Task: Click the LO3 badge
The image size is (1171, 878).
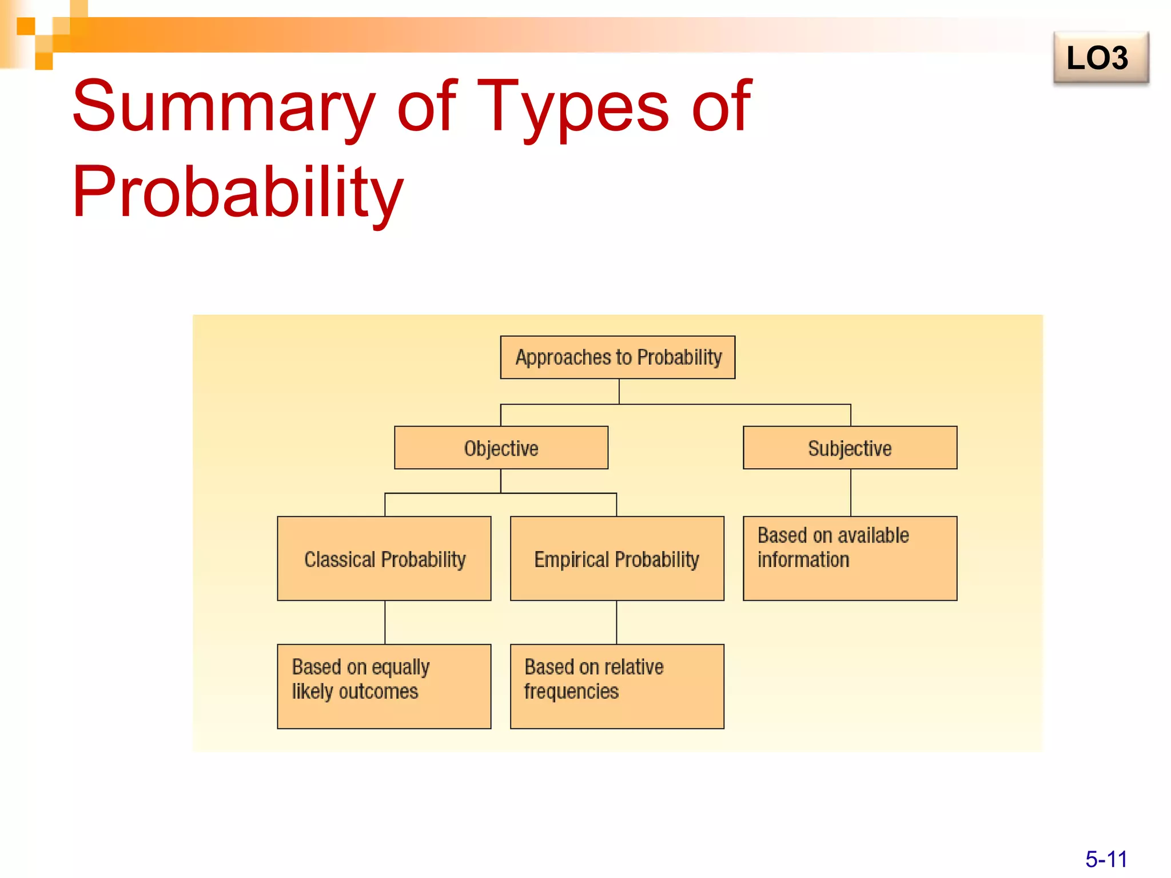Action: (1101, 58)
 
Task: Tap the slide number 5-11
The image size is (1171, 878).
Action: (1106, 859)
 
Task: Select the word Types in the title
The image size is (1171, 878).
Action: (572, 107)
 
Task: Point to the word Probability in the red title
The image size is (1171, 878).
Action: (238, 191)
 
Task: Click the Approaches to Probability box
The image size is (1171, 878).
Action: (618, 357)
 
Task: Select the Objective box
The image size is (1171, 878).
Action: (501, 448)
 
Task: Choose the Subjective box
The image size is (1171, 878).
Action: (850, 448)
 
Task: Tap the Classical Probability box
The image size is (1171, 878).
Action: (384, 558)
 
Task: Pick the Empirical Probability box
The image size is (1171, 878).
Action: (617, 558)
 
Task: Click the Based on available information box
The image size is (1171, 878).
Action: (850, 558)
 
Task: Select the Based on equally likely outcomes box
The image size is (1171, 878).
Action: (384, 686)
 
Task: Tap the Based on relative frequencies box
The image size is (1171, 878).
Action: (617, 686)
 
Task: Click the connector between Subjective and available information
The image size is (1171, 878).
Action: (850, 493)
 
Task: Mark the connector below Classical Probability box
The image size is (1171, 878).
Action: (385, 622)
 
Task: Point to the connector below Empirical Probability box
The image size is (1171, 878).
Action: (616, 622)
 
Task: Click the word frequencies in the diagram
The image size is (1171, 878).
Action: (571, 692)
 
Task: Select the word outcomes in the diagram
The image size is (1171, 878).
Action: (379, 692)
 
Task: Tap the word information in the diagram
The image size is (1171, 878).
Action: (803, 560)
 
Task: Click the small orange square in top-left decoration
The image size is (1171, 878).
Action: (26, 26)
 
